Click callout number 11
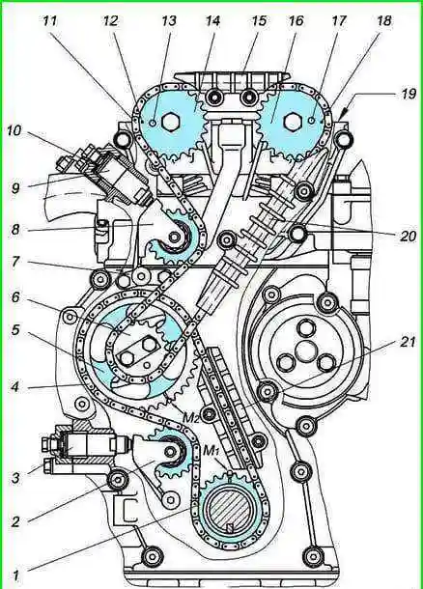click(50, 21)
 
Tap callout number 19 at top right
click(408, 93)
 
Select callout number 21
click(408, 342)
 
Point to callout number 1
click(15, 575)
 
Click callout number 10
click(15, 131)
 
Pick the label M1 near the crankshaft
click(211, 451)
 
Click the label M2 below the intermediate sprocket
click(191, 416)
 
